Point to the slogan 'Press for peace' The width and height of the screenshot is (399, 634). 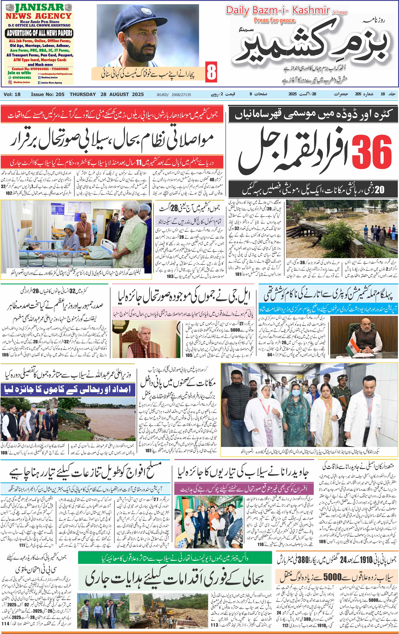click(274, 20)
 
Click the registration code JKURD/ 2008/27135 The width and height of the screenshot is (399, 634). click(174, 94)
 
